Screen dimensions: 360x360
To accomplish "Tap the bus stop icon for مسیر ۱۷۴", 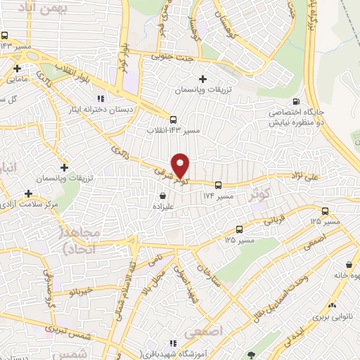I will click(x=218, y=185).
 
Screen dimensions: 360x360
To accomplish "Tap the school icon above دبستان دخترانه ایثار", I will click(x=100, y=98).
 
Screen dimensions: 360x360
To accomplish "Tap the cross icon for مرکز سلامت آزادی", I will click(x=29, y=193).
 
